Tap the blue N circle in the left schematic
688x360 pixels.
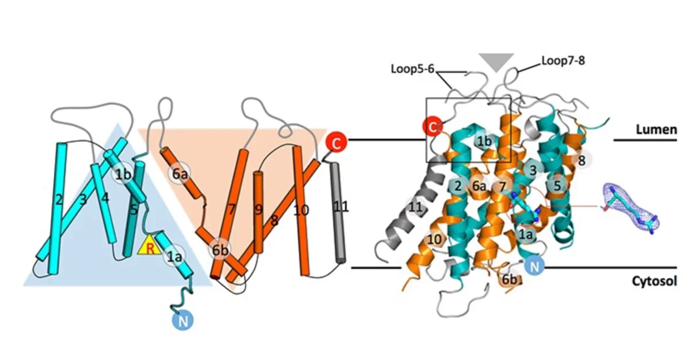coord(183,320)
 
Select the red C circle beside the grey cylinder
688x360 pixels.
coord(337,143)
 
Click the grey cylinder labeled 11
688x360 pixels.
coord(338,213)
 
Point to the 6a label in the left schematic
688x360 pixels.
coord(179,174)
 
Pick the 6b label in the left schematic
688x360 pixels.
coord(220,250)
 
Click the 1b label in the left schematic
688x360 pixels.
coord(123,174)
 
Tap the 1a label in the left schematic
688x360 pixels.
coord(174,256)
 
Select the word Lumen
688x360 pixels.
coord(656,130)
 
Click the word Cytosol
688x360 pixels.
coord(655,281)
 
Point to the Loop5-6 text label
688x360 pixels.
coord(412,69)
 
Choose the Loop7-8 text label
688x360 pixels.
coord(563,61)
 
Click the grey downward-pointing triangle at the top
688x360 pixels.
coord(497,61)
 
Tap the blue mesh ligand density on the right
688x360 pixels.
coord(629,208)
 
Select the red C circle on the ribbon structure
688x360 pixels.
coord(432,127)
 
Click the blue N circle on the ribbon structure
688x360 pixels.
coord(534,266)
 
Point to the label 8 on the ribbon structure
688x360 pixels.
coord(581,161)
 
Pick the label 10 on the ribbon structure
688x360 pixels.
coord(435,239)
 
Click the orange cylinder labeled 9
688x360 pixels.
coord(259,213)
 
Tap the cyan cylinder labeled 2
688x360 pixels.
coord(57,208)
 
